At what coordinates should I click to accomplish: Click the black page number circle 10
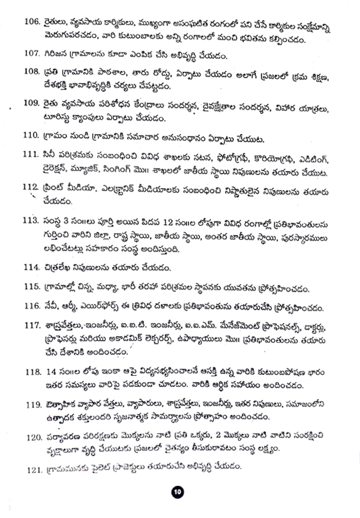178,492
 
